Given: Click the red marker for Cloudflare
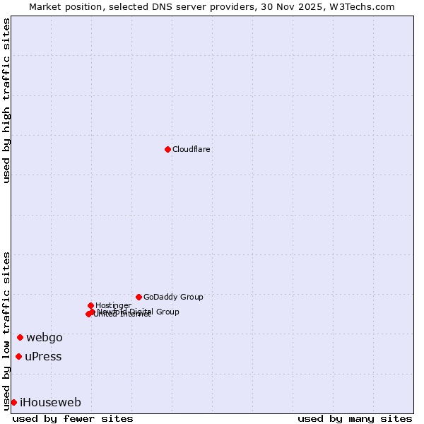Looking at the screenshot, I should pyautogui.click(x=167, y=149).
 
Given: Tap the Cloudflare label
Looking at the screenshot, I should pyautogui.click(x=192, y=150).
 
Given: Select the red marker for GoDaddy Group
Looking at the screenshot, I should pyautogui.click(x=139, y=297).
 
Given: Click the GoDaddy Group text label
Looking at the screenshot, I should pyautogui.click(x=173, y=298).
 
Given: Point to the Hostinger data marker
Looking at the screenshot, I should pyautogui.click(x=90, y=305).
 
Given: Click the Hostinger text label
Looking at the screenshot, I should pyautogui.click(x=113, y=306).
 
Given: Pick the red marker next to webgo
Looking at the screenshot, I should pyautogui.click(x=20, y=337).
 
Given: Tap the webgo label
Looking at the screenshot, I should pyautogui.click(x=45, y=338).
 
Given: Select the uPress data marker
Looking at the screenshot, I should pyautogui.click(x=18, y=356).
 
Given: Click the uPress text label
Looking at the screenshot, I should pyautogui.click(x=43, y=357).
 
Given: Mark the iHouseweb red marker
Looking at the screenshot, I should pyautogui.click(x=13, y=402).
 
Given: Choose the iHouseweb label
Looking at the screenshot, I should pyautogui.click(x=50, y=403).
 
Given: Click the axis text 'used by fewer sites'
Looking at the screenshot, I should pyautogui.click(x=73, y=418).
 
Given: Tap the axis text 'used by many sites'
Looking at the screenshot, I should pyautogui.click(x=355, y=418).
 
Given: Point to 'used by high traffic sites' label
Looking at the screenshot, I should pyautogui.click(x=7, y=100).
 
